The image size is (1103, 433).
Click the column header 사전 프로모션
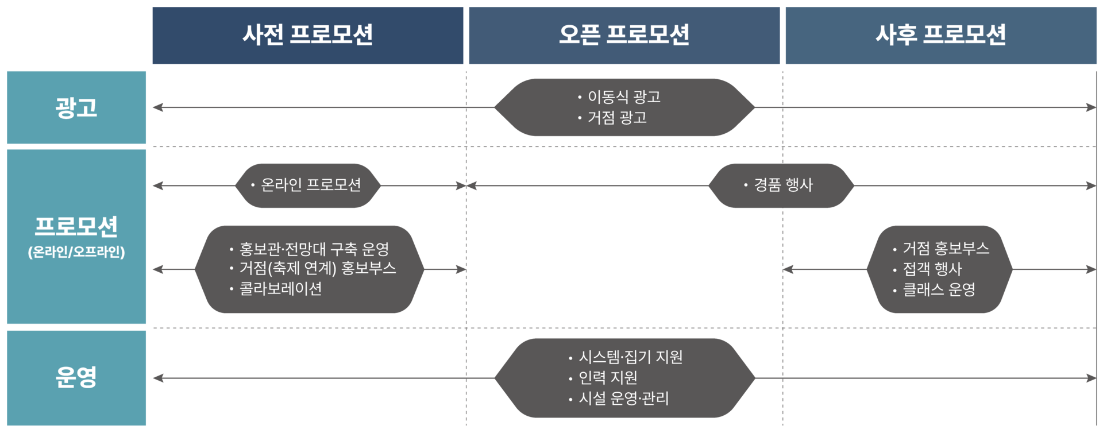[x=307, y=35]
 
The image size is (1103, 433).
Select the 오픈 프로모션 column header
[x=624, y=35]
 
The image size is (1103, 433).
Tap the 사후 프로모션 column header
[x=940, y=35]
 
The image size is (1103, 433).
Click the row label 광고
[x=76, y=107]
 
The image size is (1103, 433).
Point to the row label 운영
[x=76, y=377]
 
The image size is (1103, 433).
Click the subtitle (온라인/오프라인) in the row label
[x=76, y=252]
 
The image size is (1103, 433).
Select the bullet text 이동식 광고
[x=624, y=96]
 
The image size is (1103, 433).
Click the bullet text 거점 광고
[x=617, y=118]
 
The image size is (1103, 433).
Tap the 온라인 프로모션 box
[x=310, y=185]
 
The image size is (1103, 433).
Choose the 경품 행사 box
[x=783, y=185]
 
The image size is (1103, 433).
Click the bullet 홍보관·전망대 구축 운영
[x=314, y=249]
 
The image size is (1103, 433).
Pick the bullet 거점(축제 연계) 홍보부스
[x=318, y=268]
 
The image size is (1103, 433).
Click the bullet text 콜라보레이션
[x=280, y=288]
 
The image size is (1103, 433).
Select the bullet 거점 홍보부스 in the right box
[x=946, y=248]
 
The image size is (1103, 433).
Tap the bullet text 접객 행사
[x=932, y=269]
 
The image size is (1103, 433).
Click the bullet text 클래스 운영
[x=939, y=289]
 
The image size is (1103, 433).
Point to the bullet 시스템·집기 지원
[x=630, y=357]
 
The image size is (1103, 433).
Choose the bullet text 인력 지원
[x=608, y=377]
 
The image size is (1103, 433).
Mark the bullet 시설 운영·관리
[x=623, y=398]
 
